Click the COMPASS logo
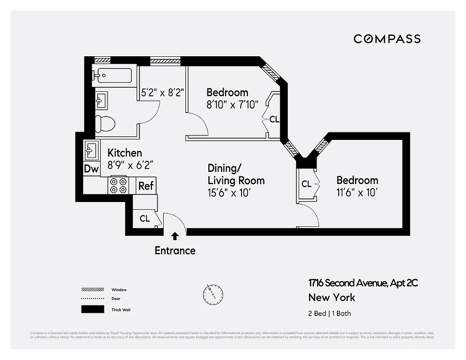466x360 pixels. coord(387,39)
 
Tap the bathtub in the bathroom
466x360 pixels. coord(112,75)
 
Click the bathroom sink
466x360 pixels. coord(101,100)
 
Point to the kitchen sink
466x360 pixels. coord(91,150)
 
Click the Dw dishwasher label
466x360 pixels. coord(91,169)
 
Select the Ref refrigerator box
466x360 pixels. coord(146,185)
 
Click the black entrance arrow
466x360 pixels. coord(175,235)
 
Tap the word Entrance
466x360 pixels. coord(175,251)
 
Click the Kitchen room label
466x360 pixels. coord(125,153)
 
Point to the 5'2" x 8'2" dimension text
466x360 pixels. coord(162,93)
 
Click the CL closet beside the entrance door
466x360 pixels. coord(144,219)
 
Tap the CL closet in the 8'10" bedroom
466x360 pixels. coord(274,120)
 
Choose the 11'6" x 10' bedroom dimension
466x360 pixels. coord(357,193)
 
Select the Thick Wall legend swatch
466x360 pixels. coord(93,310)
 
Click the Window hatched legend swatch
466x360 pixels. coord(93,290)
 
